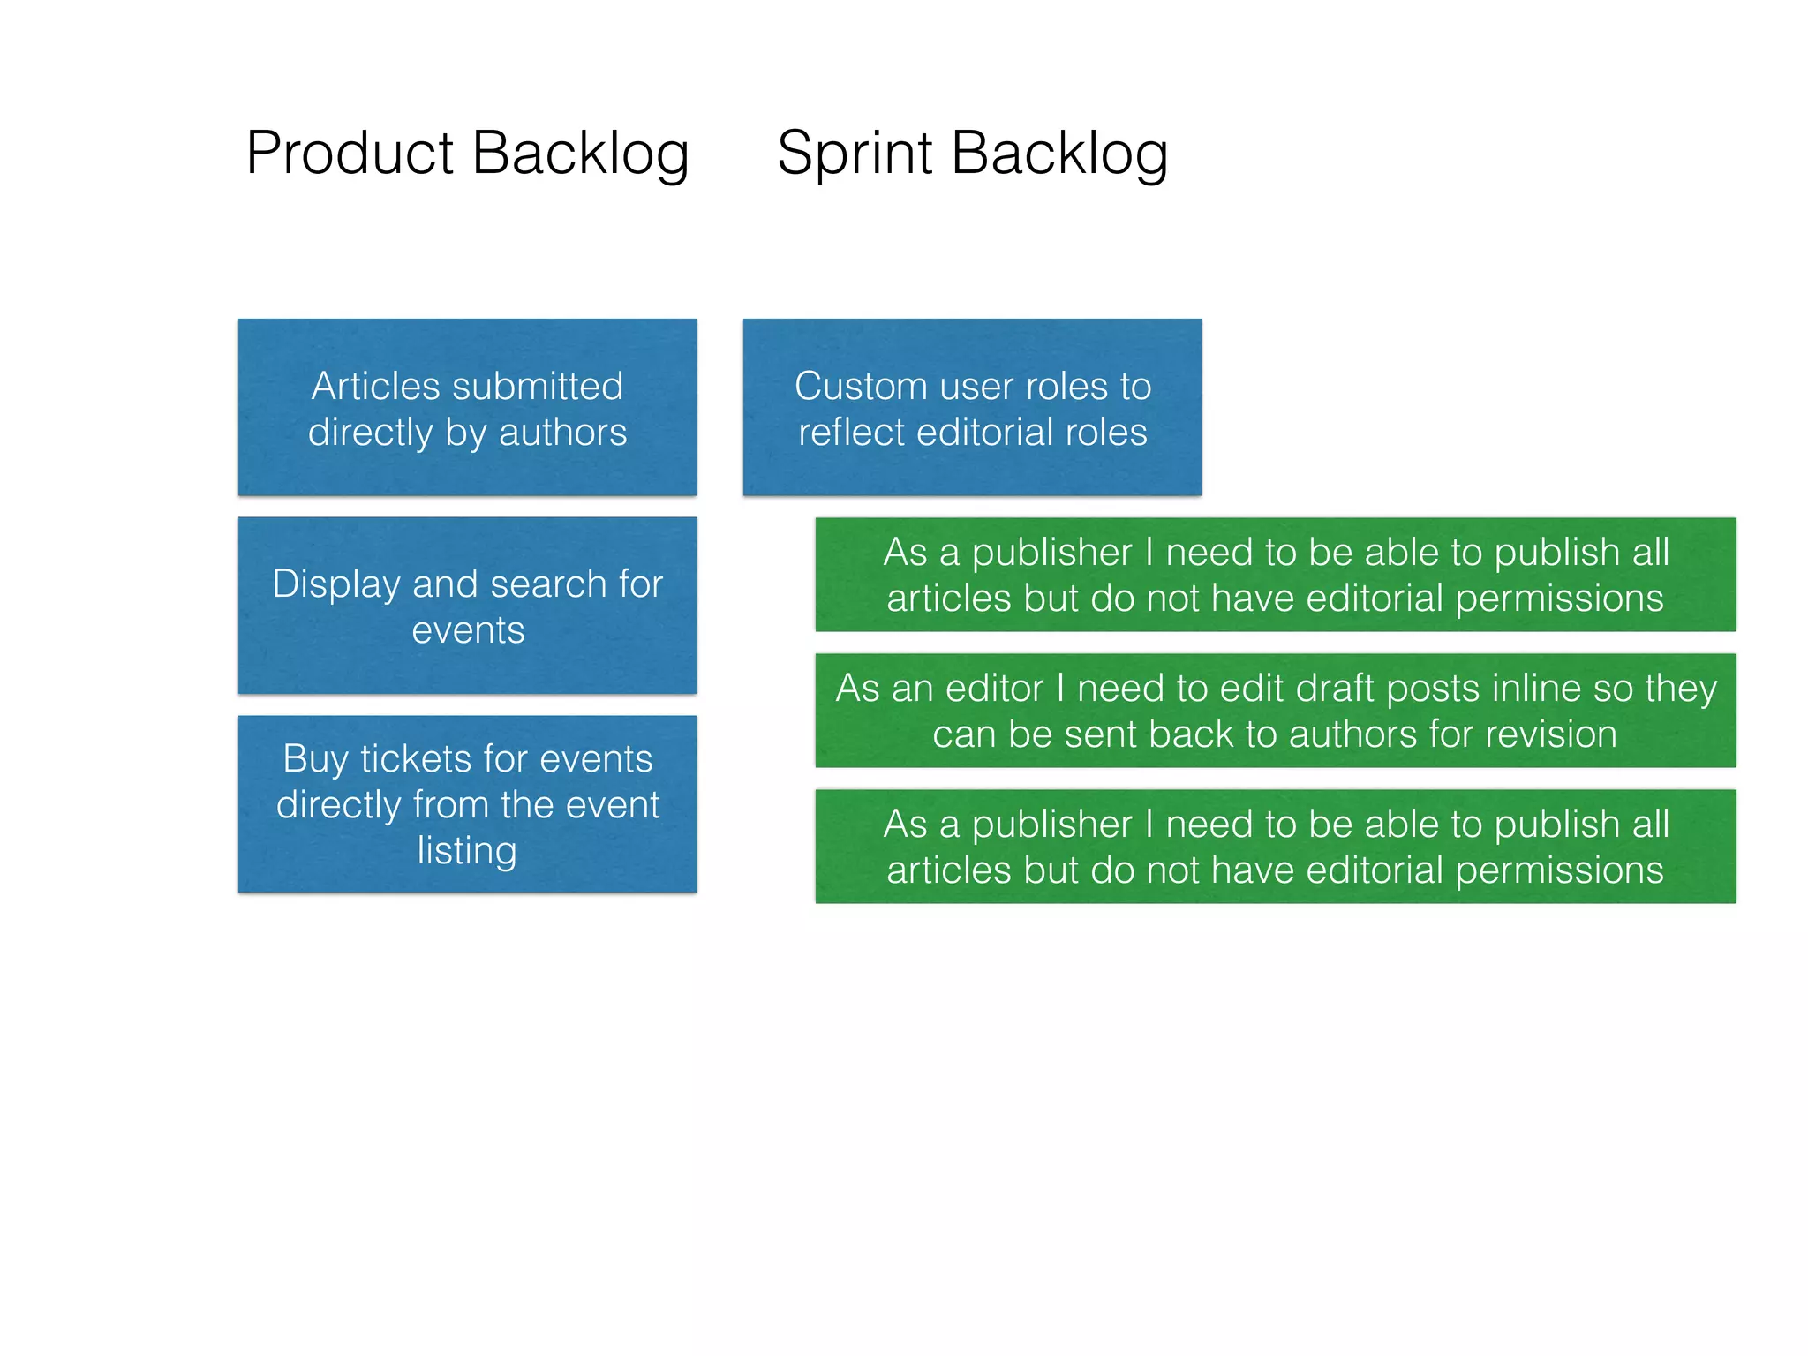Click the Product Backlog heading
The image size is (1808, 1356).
(x=467, y=154)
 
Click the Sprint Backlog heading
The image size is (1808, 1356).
(x=972, y=154)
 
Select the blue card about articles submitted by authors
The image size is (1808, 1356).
(x=467, y=407)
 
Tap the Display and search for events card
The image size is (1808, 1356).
(x=467, y=606)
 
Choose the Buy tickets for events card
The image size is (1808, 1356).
(x=467, y=804)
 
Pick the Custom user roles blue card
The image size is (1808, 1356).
(x=972, y=407)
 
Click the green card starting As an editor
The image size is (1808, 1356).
(x=1275, y=711)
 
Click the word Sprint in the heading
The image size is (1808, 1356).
(x=854, y=154)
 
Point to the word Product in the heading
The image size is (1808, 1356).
(x=350, y=154)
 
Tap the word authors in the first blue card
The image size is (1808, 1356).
(x=562, y=433)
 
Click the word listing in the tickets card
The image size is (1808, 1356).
(x=467, y=850)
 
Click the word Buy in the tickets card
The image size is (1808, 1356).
(x=314, y=759)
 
